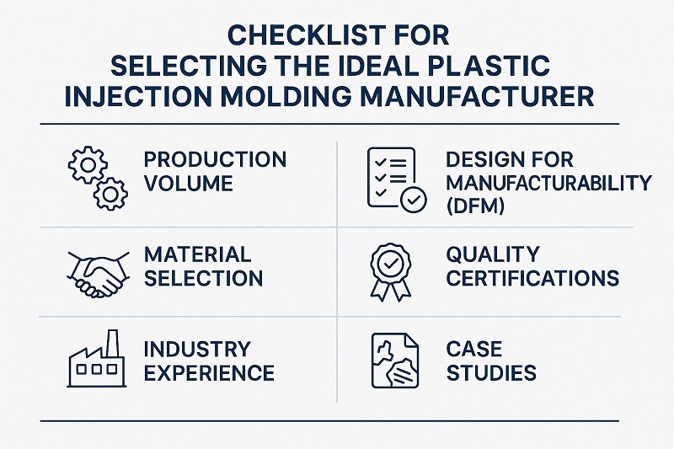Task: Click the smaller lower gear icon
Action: tap(110, 195)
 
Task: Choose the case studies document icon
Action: tap(392, 361)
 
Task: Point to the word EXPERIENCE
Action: tap(210, 372)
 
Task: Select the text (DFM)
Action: tap(475, 206)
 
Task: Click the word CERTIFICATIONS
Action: tap(533, 278)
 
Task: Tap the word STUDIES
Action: tap(492, 372)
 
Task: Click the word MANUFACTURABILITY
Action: tap(548, 182)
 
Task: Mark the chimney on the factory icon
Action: tap(112, 341)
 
